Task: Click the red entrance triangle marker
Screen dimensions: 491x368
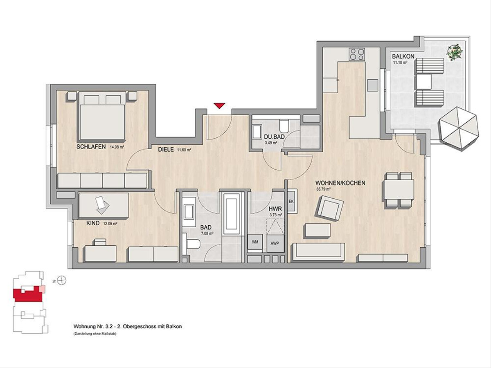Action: [219, 105]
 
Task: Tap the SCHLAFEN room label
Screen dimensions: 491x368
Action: [91, 147]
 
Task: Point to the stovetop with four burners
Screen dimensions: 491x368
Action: [357, 54]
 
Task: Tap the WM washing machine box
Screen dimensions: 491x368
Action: [255, 242]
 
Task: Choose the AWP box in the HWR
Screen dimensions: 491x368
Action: [275, 243]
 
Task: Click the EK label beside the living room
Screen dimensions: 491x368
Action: [291, 201]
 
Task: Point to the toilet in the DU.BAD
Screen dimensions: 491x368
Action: [284, 126]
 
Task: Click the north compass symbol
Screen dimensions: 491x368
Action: [61, 280]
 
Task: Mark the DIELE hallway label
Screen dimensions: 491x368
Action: [166, 150]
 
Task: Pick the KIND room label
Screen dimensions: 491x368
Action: [93, 223]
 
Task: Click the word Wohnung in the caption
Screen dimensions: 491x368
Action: [82, 326]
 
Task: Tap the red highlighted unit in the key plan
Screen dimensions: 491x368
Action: [28, 295]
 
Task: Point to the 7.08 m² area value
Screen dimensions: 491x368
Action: [207, 233]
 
